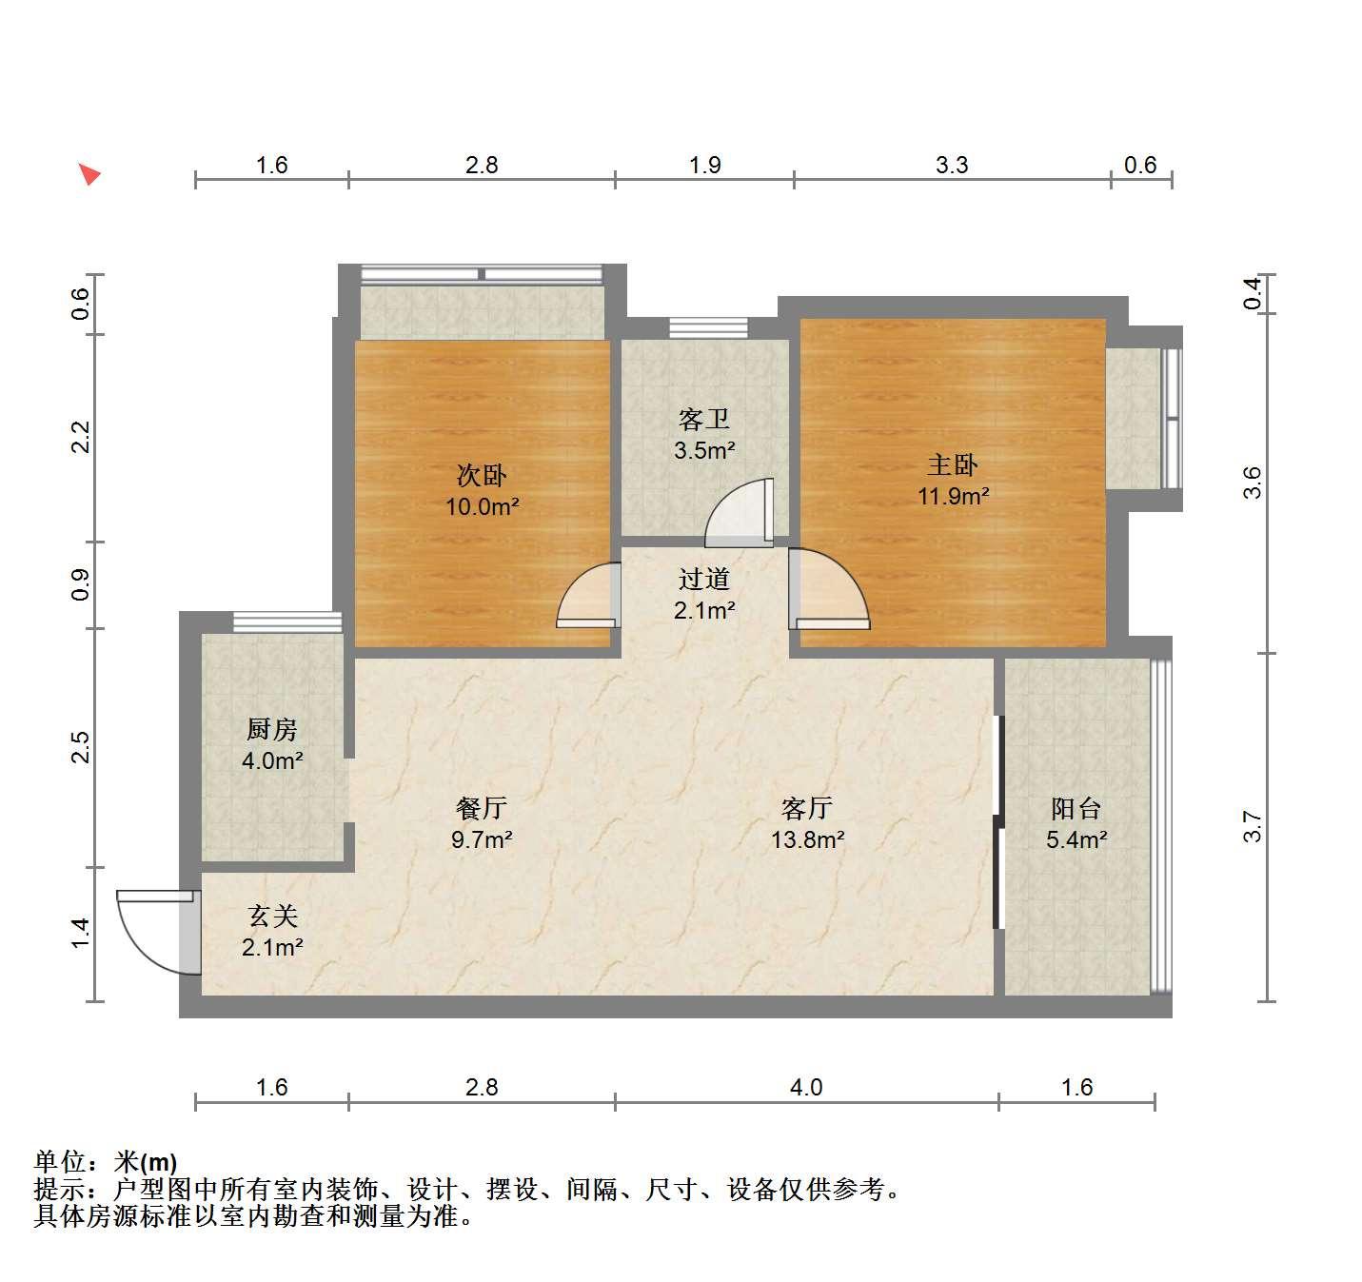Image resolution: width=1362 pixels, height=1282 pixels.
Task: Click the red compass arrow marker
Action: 89,174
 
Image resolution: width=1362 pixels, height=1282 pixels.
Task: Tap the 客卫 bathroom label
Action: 704,419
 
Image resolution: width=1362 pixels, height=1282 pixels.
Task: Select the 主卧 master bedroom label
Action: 953,465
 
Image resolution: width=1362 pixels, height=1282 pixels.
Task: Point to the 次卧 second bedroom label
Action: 482,475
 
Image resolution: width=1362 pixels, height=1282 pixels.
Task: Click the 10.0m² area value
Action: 483,507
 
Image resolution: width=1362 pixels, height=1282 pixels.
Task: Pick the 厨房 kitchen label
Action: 272,729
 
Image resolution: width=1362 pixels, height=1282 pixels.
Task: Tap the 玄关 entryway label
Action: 272,916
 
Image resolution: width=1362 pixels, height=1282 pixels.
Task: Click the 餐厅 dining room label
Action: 482,808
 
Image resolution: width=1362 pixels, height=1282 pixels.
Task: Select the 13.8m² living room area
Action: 808,839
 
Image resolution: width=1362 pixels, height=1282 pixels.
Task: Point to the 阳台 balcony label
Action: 1076,809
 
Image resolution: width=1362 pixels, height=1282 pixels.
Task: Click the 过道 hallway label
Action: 704,579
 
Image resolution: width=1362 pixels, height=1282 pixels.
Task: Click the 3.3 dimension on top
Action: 952,165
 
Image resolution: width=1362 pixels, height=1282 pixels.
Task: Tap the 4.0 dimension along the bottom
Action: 806,1087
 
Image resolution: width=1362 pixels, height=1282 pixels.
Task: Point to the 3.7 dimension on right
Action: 1252,826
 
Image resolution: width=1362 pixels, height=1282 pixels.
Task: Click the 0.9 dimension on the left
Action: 80,584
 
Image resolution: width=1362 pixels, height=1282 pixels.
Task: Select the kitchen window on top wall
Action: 287,621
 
